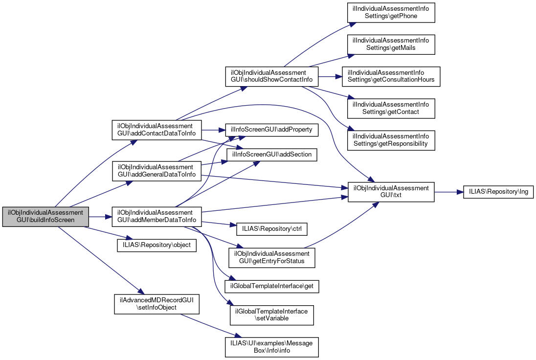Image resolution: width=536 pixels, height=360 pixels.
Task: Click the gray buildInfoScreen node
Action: coord(45,216)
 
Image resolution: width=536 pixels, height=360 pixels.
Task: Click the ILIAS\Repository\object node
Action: coord(156,244)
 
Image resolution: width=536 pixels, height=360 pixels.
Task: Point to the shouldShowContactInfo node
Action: coord(271,76)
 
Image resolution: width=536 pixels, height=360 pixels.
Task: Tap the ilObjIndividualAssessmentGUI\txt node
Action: coord(391,192)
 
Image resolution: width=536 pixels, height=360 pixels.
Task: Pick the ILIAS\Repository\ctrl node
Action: coord(270,228)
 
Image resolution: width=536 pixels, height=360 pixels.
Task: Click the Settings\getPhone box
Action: coord(391,12)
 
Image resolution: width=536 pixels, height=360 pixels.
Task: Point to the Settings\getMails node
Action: coord(391,45)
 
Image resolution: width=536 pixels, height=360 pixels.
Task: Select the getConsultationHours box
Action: coord(391,76)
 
